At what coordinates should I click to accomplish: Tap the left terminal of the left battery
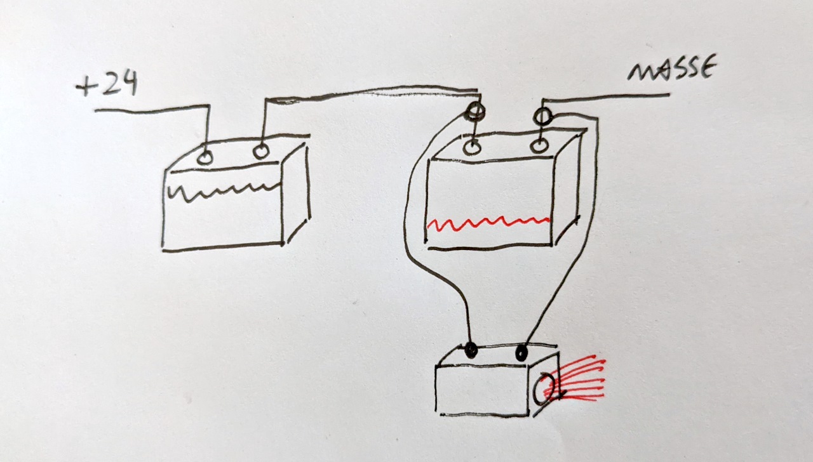click(205, 158)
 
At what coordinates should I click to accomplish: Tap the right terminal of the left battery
click(260, 151)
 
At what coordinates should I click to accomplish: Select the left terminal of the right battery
click(472, 148)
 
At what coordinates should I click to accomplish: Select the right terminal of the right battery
click(539, 146)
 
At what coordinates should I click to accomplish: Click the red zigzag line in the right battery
click(488, 223)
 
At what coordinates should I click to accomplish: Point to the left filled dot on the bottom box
click(471, 350)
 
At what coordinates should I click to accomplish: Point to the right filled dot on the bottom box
click(521, 352)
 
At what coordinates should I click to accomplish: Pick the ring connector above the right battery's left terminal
click(474, 110)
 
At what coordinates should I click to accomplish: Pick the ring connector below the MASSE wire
click(542, 117)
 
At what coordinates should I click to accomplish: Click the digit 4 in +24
click(128, 82)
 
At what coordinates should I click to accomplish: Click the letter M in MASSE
click(642, 72)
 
